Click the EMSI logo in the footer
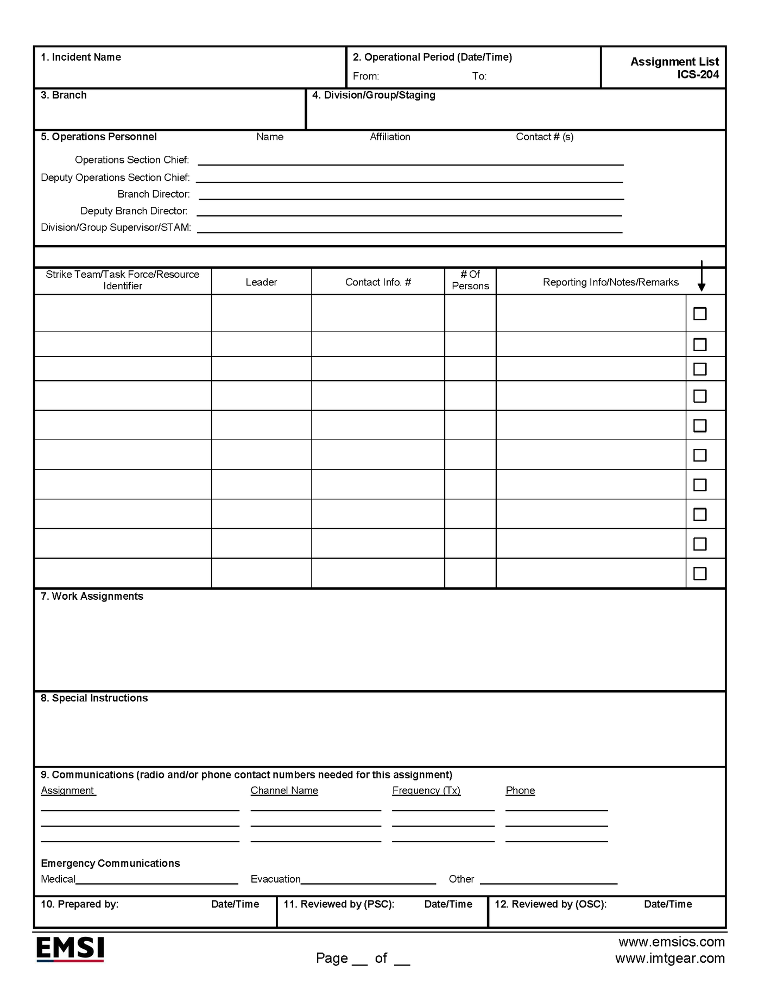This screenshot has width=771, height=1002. pos(70,949)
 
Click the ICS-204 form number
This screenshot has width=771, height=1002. pos(698,75)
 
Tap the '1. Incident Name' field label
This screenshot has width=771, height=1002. pos(81,58)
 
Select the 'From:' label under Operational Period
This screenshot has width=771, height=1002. pos(366,77)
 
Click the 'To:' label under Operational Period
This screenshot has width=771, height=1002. pos(479,77)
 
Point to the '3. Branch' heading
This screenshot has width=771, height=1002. pos(64,96)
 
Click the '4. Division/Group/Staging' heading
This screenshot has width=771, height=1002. pos(374,96)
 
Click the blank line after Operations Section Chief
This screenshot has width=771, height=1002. pos(410,161)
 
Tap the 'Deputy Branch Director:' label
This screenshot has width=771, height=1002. pos(134,211)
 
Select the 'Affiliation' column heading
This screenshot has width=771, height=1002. pos(390,137)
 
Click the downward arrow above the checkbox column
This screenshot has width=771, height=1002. pos(702,277)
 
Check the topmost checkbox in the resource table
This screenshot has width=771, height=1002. pos(700,314)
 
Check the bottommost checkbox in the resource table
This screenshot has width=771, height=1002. pos(700,574)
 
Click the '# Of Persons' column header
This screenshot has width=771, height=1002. pos(470,281)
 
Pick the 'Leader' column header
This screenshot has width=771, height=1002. pos(261,282)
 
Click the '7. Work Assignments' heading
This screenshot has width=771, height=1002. pos(92,597)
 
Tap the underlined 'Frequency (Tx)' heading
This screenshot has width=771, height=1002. pos(426,791)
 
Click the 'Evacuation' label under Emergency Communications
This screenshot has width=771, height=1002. pos(275,879)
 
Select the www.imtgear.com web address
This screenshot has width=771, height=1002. pos(670,959)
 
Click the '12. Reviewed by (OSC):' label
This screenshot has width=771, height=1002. pos(551,904)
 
